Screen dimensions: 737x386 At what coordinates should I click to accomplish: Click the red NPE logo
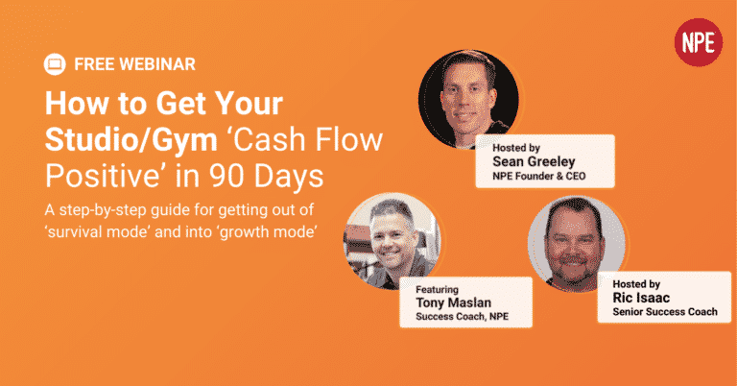(698, 42)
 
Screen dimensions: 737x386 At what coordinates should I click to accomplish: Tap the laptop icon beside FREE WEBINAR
(55, 64)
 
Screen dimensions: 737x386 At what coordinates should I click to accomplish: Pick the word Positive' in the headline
(104, 177)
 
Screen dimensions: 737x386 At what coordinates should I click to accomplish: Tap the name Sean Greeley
(534, 161)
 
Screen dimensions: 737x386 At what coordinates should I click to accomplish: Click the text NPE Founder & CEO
(538, 177)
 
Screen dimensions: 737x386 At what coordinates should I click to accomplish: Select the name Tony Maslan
(453, 302)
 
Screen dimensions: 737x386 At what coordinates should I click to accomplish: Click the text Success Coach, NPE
(462, 317)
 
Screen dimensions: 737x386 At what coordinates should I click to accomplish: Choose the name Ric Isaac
(641, 298)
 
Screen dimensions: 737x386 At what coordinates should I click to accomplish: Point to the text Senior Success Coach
(665, 312)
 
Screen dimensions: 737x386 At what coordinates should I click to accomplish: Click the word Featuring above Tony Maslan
(437, 290)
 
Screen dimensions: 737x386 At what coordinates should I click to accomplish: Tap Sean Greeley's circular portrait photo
(468, 99)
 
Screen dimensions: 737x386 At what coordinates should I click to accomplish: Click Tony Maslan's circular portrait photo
(392, 240)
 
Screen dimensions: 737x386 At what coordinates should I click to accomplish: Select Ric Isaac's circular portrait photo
(576, 244)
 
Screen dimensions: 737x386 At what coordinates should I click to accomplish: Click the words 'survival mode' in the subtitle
(98, 231)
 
